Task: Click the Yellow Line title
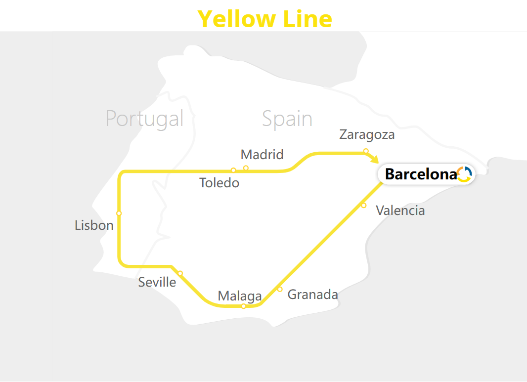pyautogui.click(x=265, y=19)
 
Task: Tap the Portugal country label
pyautogui.click(x=144, y=119)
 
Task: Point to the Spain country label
pyautogui.click(x=287, y=119)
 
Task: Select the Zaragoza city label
pyautogui.click(x=367, y=134)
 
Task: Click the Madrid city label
pyautogui.click(x=262, y=155)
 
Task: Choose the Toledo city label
pyautogui.click(x=219, y=183)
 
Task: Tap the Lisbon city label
pyautogui.click(x=94, y=225)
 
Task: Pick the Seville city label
pyautogui.click(x=157, y=282)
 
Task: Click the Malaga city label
pyautogui.click(x=240, y=296)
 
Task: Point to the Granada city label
pyautogui.click(x=313, y=295)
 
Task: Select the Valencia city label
pyautogui.click(x=400, y=211)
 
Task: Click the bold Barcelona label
pyautogui.click(x=421, y=174)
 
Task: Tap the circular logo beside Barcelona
pyautogui.click(x=464, y=174)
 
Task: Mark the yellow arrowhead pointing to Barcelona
pyautogui.click(x=374, y=159)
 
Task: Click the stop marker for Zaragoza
pyautogui.click(x=366, y=151)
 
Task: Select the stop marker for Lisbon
pyautogui.click(x=119, y=213)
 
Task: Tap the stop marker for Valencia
pyautogui.click(x=363, y=205)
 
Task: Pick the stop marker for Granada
pyautogui.click(x=280, y=289)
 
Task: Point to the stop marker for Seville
pyautogui.click(x=180, y=273)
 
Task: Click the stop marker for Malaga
pyautogui.click(x=244, y=306)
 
